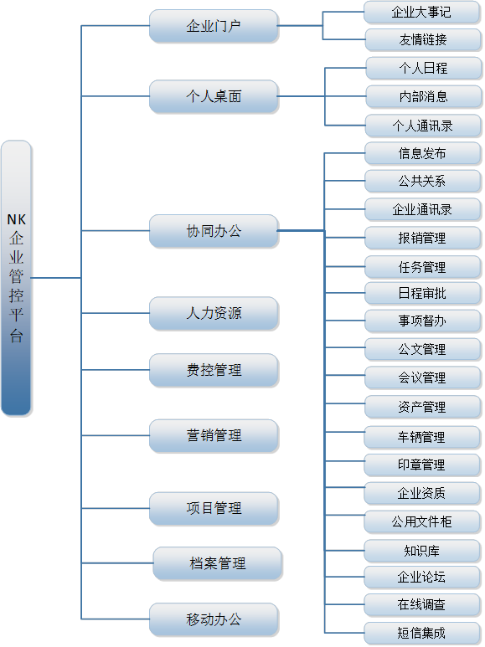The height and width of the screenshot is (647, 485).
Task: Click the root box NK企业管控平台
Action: click(16, 278)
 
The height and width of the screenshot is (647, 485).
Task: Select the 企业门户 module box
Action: click(214, 26)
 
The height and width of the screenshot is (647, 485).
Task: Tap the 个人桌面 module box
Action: click(214, 96)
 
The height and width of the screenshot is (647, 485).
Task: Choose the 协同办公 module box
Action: click(214, 231)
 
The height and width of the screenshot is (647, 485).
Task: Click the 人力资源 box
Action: click(214, 313)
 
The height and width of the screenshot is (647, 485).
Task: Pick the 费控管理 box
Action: click(214, 370)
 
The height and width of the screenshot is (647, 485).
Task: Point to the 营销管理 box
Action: click(214, 435)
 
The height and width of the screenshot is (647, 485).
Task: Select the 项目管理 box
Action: click(214, 508)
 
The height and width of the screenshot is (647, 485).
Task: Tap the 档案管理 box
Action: click(217, 563)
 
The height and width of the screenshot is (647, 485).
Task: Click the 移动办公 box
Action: click(214, 619)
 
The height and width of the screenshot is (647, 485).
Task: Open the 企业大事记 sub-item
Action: click(422, 12)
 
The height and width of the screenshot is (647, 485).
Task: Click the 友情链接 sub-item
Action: click(423, 39)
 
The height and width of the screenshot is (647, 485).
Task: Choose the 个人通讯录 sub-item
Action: click(423, 126)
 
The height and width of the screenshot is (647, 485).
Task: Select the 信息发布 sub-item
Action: click(422, 153)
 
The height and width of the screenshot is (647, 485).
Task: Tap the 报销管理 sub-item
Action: click(422, 238)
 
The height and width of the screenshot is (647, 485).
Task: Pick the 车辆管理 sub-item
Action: click(422, 437)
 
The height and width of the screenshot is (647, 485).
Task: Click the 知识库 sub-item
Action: click(422, 551)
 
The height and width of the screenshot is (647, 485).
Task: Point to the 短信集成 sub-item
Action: click(422, 633)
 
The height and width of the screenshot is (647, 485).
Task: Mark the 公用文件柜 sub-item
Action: click(422, 521)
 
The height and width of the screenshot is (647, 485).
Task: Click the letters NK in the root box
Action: click(17, 219)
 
